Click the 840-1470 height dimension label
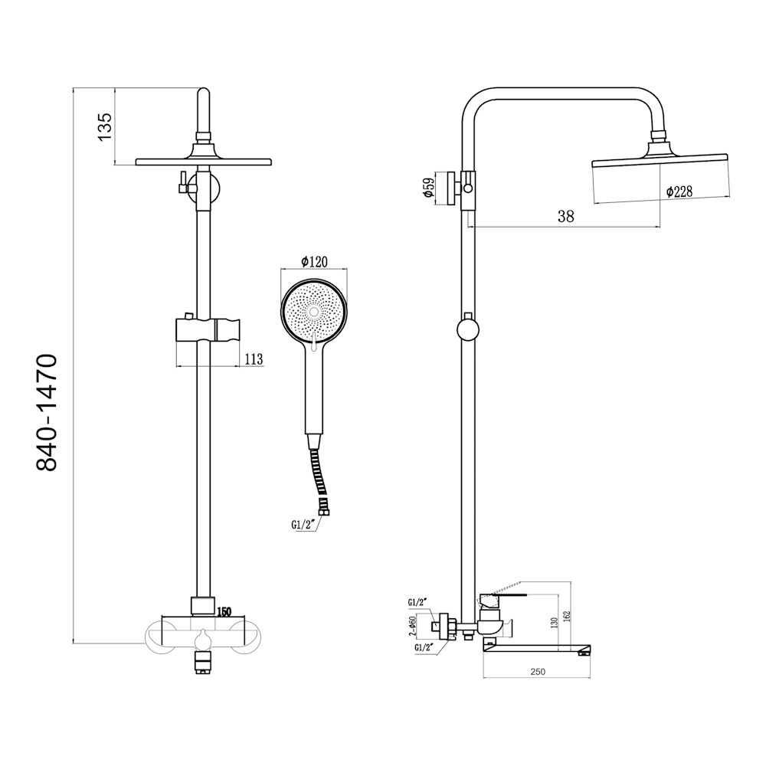point(47,413)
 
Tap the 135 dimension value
point(105,127)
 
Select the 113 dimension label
point(254,359)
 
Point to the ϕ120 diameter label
point(314,262)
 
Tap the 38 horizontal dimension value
point(566,217)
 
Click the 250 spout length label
point(538,672)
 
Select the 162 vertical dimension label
point(567,616)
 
